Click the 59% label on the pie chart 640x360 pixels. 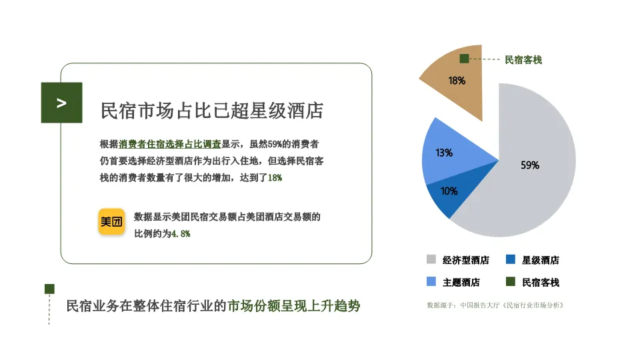pos(530,165)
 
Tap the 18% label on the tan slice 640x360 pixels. pos(457,81)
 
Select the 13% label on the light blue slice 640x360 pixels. pos(444,153)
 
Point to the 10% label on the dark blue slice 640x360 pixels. pos(449,191)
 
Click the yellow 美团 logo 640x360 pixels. pos(112,222)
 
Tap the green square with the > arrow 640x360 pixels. pos(61,103)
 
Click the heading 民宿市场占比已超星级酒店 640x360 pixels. pos(211,111)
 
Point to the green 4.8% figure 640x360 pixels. pos(181,234)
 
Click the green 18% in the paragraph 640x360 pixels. pos(275,177)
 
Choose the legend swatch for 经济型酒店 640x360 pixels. pos(431,259)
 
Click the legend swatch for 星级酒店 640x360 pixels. pos(511,259)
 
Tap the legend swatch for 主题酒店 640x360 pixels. pos(431,281)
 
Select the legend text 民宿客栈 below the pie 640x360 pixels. pos(541,282)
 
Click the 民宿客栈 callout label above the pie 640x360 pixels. pos(523,60)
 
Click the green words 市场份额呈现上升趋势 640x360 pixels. pos(293,307)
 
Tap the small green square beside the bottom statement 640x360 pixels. pos(49,288)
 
